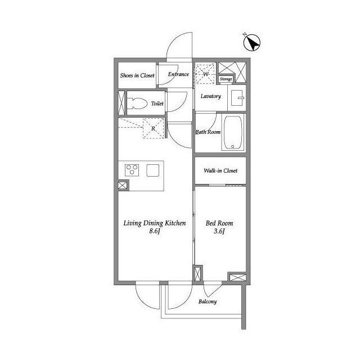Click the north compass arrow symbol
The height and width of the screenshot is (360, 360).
(252, 43)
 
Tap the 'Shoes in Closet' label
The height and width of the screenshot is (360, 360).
(137, 75)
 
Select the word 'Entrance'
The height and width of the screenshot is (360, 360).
(178, 74)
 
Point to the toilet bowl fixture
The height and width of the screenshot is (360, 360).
(137, 103)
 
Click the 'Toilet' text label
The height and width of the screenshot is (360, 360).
(157, 103)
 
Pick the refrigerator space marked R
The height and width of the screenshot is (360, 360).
(154, 128)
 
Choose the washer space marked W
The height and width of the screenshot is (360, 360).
(205, 74)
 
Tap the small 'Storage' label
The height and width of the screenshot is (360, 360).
(226, 79)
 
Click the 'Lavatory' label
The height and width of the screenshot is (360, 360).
(211, 96)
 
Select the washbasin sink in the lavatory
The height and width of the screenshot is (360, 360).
(237, 98)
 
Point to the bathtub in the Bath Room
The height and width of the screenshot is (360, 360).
(233, 133)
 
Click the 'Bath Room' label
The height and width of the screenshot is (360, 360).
(208, 132)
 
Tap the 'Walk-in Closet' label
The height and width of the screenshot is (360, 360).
(220, 170)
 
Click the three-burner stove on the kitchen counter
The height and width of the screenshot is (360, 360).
(132, 170)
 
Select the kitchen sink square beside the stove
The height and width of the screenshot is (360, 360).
(153, 170)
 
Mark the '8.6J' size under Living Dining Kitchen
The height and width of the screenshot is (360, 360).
(155, 231)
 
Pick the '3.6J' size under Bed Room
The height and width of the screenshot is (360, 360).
(219, 231)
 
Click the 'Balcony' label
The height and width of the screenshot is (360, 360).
(208, 301)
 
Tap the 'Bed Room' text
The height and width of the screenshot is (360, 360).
(219, 223)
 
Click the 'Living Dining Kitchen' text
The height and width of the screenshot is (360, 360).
(155, 223)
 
